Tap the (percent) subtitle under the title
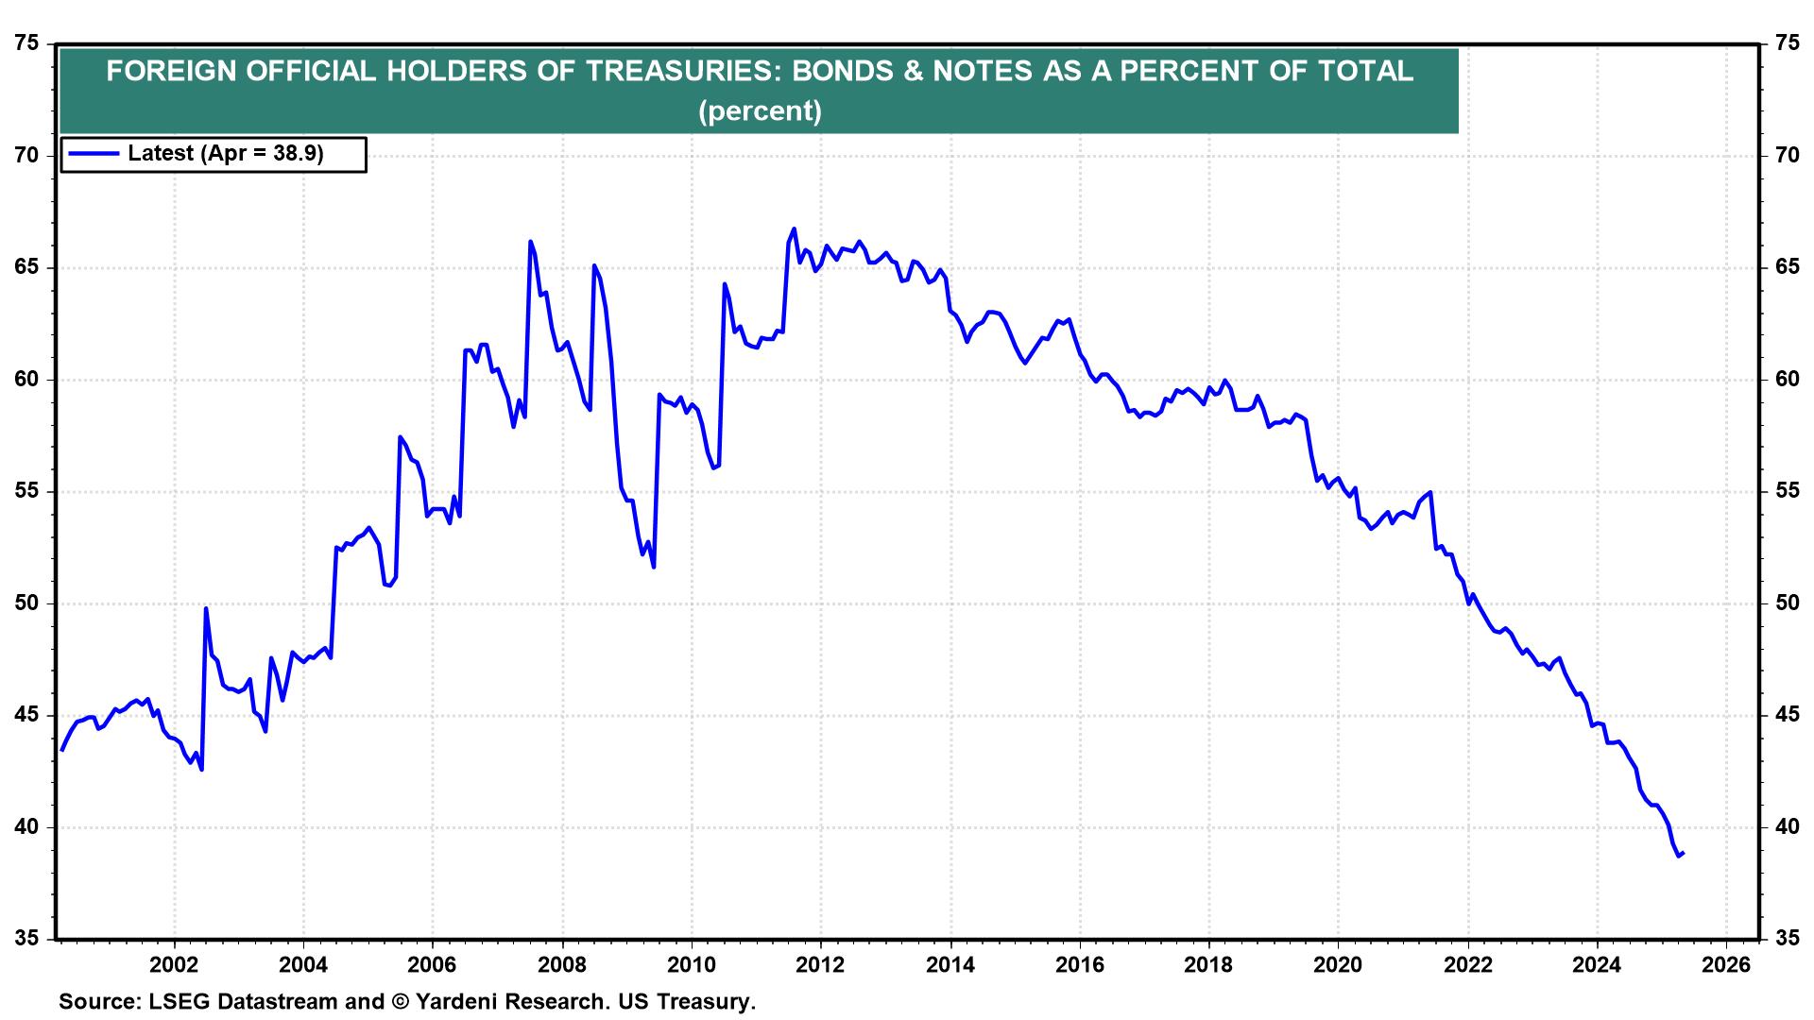(x=760, y=111)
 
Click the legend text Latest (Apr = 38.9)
(x=226, y=153)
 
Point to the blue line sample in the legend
(x=92, y=153)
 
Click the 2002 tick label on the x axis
(x=174, y=965)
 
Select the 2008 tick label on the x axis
(x=562, y=965)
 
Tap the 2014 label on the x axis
(x=950, y=965)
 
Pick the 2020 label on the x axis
(x=1338, y=965)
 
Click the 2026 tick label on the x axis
(x=1725, y=965)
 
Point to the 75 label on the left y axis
(x=28, y=43)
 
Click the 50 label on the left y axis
(x=28, y=603)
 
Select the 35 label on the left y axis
(x=28, y=939)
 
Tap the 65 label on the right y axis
(x=1787, y=267)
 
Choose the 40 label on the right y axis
(x=1787, y=827)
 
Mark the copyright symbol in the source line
(x=399, y=1002)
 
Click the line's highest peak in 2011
(x=794, y=229)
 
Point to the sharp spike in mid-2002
(x=206, y=608)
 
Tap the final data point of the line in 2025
(x=1684, y=853)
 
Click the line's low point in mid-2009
(x=654, y=567)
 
